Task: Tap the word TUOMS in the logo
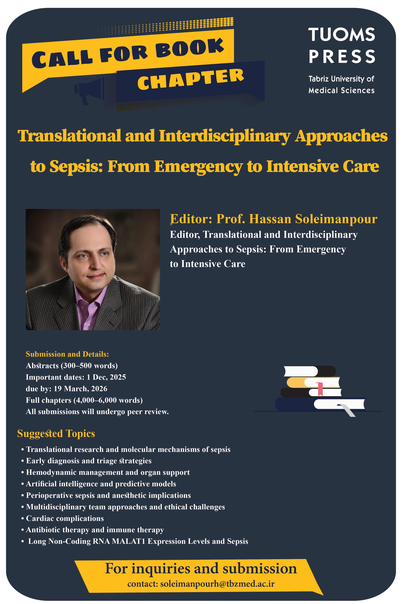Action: pyautogui.click(x=342, y=35)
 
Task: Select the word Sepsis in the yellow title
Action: pyautogui.click(x=76, y=166)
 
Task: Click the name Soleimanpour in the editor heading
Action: pyautogui.click(x=336, y=219)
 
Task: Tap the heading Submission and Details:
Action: pyautogui.click(x=67, y=354)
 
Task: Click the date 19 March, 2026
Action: pyautogui.click(x=80, y=389)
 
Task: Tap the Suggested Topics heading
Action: pyautogui.click(x=56, y=434)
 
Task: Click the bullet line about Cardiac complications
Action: pyautogui.click(x=62, y=518)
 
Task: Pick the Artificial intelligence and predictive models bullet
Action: pyautogui.click(x=99, y=484)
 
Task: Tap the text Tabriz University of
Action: pyautogui.click(x=341, y=79)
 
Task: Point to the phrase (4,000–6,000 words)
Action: pyautogui.click(x=108, y=400)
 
